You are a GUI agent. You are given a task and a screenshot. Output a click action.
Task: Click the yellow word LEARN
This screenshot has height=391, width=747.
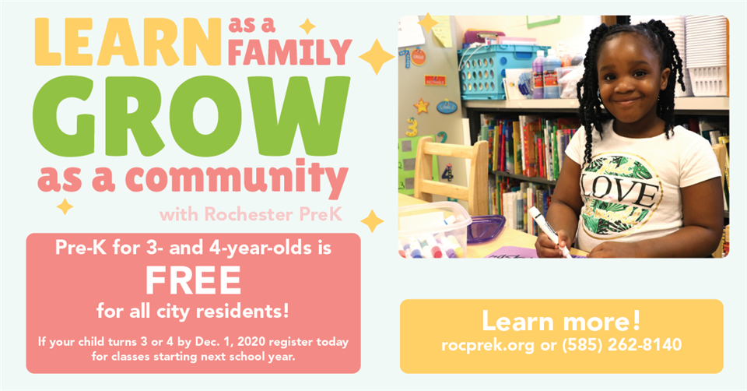pyautogui.click(x=128, y=42)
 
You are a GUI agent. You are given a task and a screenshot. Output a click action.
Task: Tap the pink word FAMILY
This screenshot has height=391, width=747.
pyautogui.click(x=289, y=51)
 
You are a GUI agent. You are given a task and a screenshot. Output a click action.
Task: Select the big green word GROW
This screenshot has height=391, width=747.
pyautogui.click(x=191, y=116)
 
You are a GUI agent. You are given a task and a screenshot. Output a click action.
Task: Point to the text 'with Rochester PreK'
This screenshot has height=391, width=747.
pyautogui.click(x=251, y=214)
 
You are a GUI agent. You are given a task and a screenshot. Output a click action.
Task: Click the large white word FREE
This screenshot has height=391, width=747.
pyautogui.click(x=193, y=281)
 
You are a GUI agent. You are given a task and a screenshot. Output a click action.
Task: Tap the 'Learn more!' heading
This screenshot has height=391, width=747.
pyautogui.click(x=561, y=320)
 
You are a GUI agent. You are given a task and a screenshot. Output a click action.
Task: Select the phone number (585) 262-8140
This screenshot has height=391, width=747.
pyautogui.click(x=622, y=345)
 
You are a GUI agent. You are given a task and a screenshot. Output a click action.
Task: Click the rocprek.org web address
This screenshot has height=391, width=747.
pyautogui.click(x=488, y=345)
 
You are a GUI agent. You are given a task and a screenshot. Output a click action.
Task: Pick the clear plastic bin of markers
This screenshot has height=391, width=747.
pyautogui.click(x=431, y=229)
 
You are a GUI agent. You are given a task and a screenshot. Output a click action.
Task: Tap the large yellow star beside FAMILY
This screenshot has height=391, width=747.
pyautogui.click(x=377, y=57)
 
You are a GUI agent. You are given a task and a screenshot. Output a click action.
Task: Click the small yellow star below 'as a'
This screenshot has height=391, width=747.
pyautogui.click(x=65, y=206)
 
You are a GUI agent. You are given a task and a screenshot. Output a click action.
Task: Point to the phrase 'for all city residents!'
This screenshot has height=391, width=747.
pyautogui.click(x=192, y=312)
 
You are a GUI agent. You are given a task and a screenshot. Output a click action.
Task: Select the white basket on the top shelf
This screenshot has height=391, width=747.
pyautogui.click(x=707, y=56)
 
